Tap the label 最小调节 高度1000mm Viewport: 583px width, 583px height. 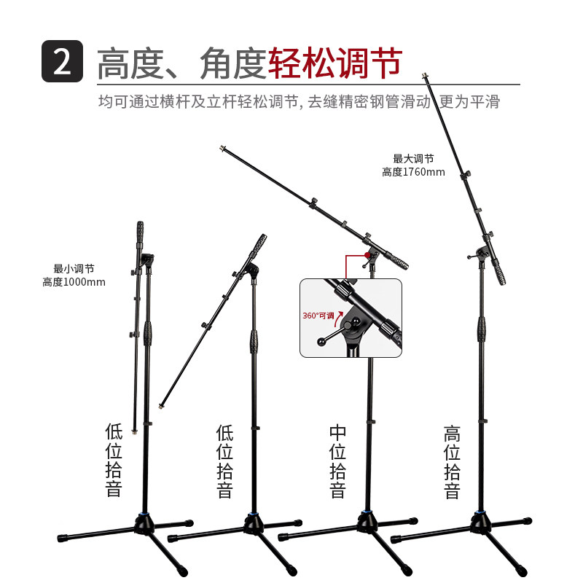click(x=74, y=275)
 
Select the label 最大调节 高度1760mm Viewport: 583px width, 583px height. click(x=413, y=165)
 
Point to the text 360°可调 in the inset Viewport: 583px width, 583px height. click(x=318, y=316)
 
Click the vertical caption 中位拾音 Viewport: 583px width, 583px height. click(x=337, y=462)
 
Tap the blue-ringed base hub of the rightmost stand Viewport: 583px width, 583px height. click(x=480, y=521)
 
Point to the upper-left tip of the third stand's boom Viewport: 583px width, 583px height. click(x=222, y=150)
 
